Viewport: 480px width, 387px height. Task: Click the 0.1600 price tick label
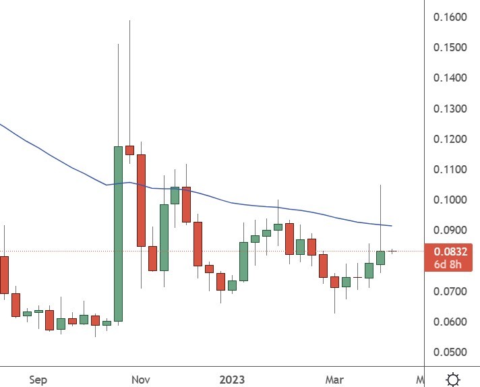450,17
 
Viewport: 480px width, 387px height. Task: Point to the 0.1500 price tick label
450,48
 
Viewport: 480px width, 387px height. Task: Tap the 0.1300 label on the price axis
450,109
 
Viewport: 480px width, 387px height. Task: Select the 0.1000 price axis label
450,200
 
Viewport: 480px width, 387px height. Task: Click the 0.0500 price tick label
450,352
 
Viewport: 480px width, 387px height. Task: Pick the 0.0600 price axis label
450,322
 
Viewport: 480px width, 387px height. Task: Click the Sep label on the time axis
38,380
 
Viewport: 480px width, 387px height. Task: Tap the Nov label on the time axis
140,380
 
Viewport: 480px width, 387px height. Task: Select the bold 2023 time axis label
233,380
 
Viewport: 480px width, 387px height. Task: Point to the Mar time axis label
334,380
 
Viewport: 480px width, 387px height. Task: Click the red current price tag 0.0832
451,251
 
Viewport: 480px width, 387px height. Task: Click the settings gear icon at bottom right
454,380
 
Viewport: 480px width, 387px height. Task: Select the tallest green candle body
118,233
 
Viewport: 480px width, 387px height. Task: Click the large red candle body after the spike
141,200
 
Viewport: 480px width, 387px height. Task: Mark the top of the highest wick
129,21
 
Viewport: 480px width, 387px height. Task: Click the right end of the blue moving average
392,226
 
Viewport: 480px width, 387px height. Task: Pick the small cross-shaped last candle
392,251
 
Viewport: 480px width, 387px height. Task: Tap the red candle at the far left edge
4,274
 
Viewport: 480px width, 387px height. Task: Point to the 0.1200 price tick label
450,139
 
